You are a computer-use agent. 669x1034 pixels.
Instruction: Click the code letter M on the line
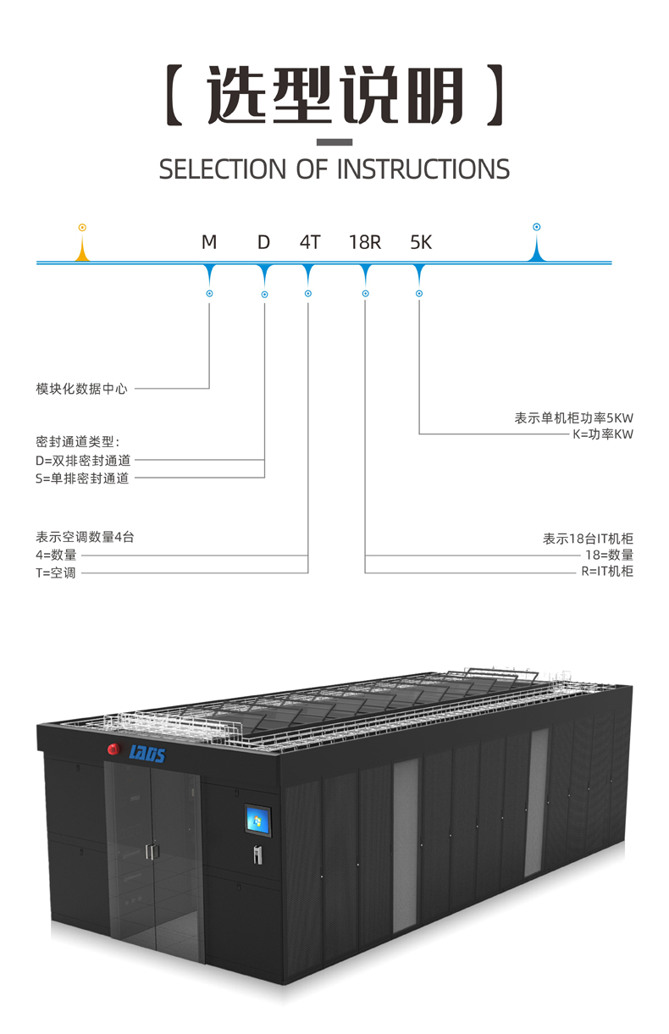click(x=209, y=243)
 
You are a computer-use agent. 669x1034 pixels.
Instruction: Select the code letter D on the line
click(x=263, y=243)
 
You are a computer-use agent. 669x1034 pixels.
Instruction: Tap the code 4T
click(x=310, y=243)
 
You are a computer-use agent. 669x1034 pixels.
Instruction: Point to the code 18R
click(x=365, y=243)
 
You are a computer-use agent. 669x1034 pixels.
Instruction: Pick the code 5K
click(x=421, y=243)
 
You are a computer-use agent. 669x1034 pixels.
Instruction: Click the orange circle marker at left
click(x=82, y=228)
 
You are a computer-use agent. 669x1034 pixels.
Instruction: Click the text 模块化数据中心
click(x=81, y=389)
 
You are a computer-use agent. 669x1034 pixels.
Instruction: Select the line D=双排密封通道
click(x=83, y=461)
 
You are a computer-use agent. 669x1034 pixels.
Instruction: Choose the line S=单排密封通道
click(x=82, y=478)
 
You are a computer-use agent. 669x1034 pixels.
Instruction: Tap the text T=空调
click(x=56, y=573)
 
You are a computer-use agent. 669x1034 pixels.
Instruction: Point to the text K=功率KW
click(x=603, y=435)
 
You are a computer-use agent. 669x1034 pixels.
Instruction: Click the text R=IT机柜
click(x=607, y=572)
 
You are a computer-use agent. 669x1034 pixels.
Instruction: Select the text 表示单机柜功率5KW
click(x=573, y=417)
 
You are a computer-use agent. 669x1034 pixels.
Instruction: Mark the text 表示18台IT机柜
click(x=588, y=539)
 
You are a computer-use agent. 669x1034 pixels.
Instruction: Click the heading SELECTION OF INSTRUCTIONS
click(x=334, y=169)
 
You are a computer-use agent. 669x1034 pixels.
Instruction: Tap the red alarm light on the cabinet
click(x=113, y=749)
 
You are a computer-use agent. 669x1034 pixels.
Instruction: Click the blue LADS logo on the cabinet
click(x=147, y=753)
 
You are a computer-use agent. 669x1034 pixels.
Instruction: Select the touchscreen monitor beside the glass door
click(x=257, y=820)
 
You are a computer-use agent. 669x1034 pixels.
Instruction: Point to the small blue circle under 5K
click(x=419, y=294)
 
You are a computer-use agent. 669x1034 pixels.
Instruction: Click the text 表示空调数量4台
click(x=85, y=537)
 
